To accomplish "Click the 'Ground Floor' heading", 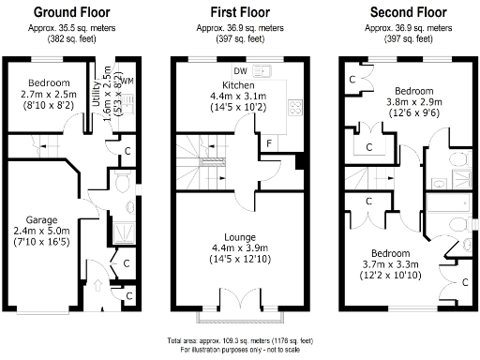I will pos(72,12).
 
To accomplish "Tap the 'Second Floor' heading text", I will pos(406,12).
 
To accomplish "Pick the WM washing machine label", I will pos(127,82).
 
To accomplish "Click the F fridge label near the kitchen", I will pos(270,142).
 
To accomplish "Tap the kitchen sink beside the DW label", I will pos(260,70).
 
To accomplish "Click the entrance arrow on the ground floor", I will pos(100,283).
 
